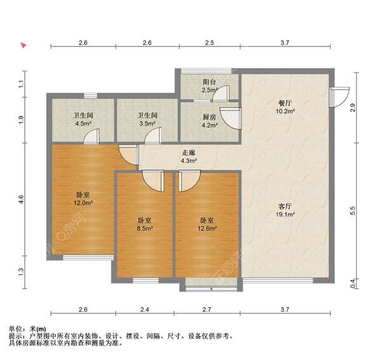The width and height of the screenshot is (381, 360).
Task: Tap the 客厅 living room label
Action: pos(284,206)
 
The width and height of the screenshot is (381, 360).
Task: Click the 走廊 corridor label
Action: pos(189,152)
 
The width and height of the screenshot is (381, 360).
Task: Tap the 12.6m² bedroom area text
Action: pos(207,229)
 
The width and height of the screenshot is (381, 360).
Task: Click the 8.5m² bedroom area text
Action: pos(144,229)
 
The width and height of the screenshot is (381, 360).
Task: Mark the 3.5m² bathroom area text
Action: pos(147,124)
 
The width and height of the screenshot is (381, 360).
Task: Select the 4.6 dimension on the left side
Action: pos(21,199)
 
